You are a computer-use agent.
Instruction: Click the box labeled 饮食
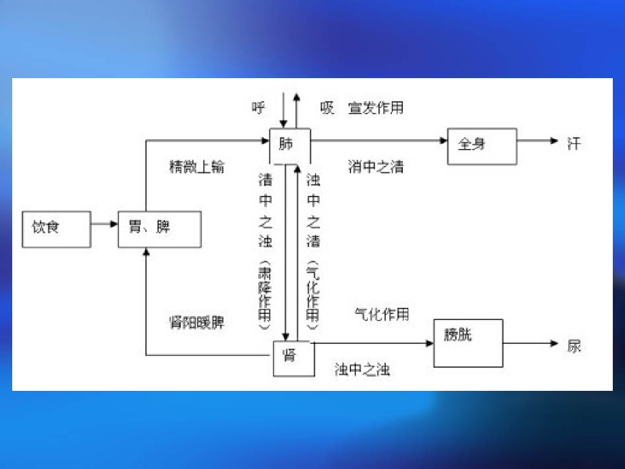click(x=56, y=229)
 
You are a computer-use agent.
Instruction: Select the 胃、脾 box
click(x=159, y=229)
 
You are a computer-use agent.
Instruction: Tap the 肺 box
click(x=290, y=146)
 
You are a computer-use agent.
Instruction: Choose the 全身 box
click(x=482, y=146)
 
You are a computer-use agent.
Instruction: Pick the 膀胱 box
click(x=468, y=343)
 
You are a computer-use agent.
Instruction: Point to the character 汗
click(x=574, y=144)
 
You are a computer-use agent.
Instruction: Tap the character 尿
click(x=574, y=346)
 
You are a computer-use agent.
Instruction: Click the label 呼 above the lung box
click(x=259, y=109)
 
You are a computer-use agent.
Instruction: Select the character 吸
click(x=328, y=109)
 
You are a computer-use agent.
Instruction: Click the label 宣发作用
click(x=376, y=109)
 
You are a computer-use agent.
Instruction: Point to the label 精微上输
click(x=197, y=167)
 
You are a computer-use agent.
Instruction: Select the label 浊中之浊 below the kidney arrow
click(x=363, y=370)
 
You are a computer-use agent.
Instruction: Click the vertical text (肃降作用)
click(x=264, y=297)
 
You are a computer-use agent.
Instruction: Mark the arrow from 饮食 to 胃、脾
click(x=104, y=224)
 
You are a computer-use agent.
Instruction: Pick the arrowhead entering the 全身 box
click(x=444, y=141)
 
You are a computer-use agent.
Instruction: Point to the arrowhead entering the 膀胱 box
click(x=430, y=343)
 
